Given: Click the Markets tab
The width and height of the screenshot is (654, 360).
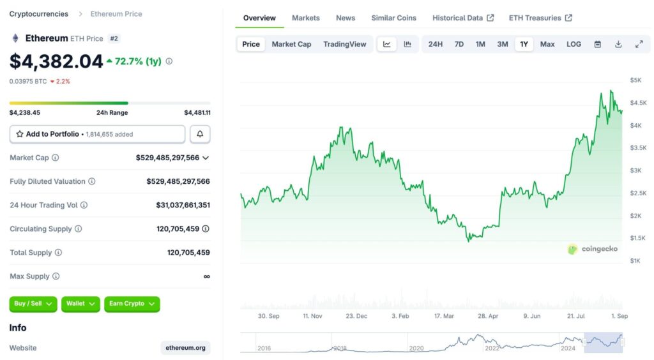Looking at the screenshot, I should pos(305,18).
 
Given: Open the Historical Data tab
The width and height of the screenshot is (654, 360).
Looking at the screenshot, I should pos(462,18).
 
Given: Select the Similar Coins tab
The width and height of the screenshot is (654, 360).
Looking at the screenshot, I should pos(393,18).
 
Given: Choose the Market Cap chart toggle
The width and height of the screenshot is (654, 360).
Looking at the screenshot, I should pos(291,44).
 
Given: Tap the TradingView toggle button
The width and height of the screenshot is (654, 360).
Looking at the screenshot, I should pos(345,44).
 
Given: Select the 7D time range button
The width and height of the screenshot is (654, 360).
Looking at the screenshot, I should pos(459,44).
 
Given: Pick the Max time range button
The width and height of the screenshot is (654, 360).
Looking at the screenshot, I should pos(547,44).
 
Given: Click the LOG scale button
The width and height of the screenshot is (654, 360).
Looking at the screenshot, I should pos(574,44).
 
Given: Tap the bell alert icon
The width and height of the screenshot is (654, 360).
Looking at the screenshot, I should pos(200,134).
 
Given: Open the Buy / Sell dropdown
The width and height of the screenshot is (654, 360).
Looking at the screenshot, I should pos(33,304).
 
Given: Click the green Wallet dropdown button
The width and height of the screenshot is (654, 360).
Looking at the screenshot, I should pos(80,304).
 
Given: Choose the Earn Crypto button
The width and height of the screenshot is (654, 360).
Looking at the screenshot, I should pos(132,304).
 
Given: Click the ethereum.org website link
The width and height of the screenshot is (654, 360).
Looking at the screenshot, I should pos(185,348).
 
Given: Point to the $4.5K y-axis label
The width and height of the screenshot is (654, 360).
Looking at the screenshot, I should pos(638,103).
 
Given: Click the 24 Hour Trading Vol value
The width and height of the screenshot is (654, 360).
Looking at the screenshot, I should pos(183,205).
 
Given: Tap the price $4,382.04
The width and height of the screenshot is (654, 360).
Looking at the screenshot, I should pos(56,61).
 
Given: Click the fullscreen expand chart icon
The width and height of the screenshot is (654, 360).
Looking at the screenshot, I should pos(639,44).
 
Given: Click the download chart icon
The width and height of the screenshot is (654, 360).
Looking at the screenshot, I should pos(618,44).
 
